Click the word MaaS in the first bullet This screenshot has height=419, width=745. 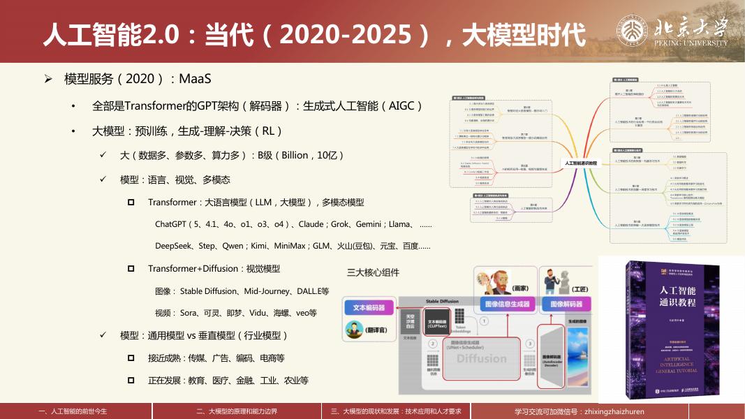[195, 78]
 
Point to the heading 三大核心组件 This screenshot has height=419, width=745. [374, 272]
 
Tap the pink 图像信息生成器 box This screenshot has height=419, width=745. [507, 304]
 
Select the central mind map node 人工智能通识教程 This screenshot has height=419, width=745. [580, 162]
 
